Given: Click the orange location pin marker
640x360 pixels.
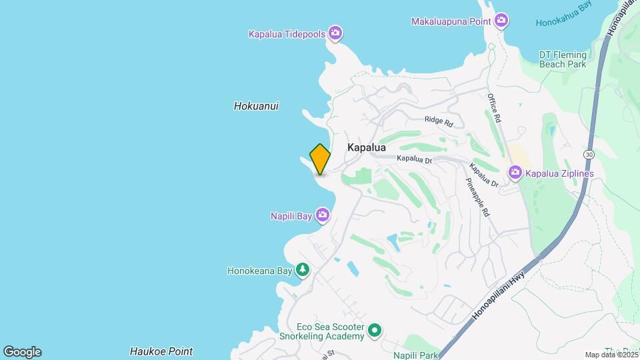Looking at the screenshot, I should (320, 159).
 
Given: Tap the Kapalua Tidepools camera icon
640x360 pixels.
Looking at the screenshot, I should (335, 33).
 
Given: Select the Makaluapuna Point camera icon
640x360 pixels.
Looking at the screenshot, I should (501, 21).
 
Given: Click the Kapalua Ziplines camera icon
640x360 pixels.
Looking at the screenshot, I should (515, 173).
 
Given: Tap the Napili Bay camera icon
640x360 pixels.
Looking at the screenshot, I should (323, 215).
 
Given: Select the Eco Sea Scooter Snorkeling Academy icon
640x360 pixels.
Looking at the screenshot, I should (375, 330).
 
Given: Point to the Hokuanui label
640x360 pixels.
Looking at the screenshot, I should (256, 106).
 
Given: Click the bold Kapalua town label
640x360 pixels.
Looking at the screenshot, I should (366, 147).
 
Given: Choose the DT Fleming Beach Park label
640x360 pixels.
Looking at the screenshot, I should (563, 59).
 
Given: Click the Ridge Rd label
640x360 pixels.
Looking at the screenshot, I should (439, 122).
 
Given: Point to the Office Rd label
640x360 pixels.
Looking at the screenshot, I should (493, 107).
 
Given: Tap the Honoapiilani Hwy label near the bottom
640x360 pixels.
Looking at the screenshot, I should (499, 295).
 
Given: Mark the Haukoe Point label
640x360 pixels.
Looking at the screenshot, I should (161, 351).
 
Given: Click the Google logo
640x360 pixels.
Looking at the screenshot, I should (22, 352).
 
